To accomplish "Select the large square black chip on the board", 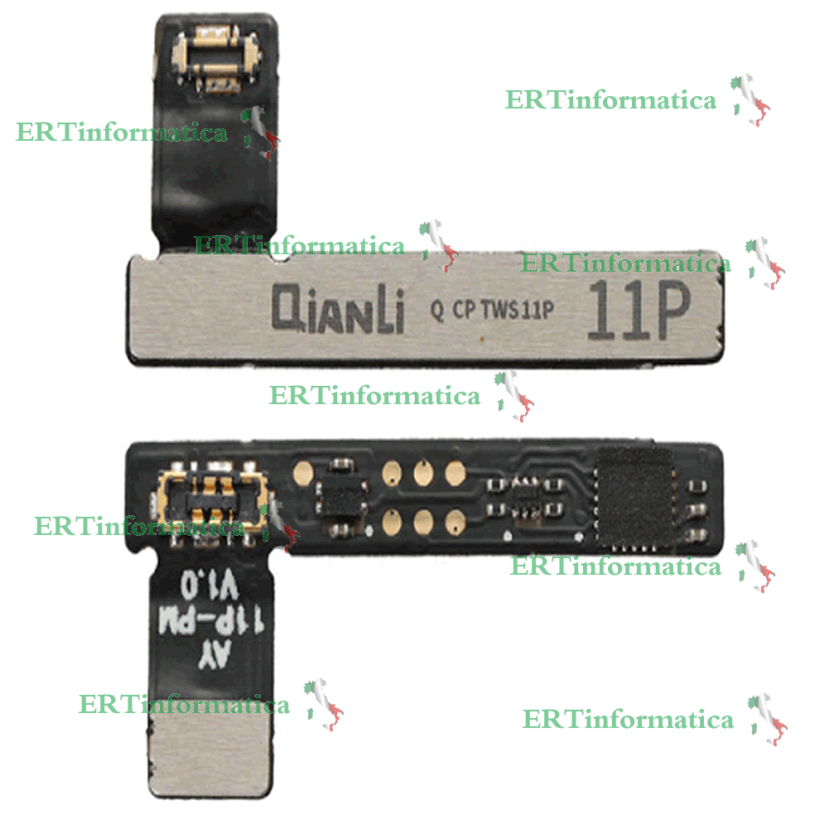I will point(636,497).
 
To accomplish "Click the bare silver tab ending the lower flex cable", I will point(211,749).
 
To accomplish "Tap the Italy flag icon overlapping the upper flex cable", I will point(263,133).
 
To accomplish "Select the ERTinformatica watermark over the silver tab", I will point(184,705).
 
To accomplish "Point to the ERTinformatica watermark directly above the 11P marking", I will point(625,263).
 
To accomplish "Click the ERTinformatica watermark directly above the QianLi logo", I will point(299,246).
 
